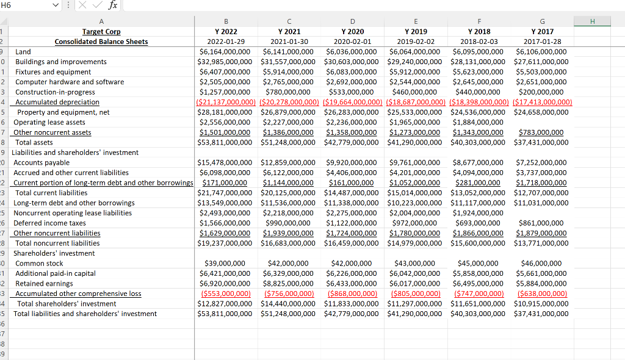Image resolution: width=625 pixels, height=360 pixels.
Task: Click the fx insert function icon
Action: [x=113, y=5]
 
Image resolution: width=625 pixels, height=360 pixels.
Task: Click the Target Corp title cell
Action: [x=101, y=32]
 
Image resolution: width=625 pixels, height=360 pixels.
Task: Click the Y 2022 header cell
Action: [x=226, y=32]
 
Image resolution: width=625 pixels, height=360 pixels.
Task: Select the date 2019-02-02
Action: [x=416, y=41]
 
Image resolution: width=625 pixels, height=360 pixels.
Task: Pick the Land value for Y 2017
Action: [x=541, y=52]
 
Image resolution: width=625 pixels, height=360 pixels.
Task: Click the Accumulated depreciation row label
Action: [x=57, y=102]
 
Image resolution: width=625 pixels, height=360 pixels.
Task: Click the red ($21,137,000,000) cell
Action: [x=226, y=102]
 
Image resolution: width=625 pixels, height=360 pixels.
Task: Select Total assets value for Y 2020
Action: [x=352, y=142]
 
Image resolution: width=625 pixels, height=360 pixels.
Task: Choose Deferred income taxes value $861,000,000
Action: [x=541, y=223]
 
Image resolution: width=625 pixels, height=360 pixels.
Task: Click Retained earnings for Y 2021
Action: [x=289, y=284]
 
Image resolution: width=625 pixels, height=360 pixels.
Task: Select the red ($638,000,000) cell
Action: [x=541, y=293]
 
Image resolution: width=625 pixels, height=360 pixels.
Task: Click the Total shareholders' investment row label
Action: [x=67, y=304]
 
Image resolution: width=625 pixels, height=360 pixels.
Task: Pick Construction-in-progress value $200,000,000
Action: [x=541, y=92]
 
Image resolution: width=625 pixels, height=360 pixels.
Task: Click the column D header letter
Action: [x=352, y=21]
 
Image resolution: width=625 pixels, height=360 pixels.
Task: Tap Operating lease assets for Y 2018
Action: [x=479, y=122]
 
